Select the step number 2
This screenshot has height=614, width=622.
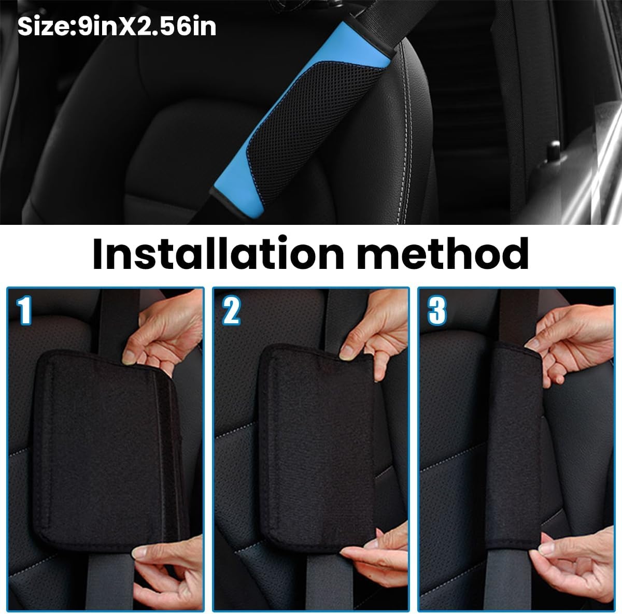(231, 311)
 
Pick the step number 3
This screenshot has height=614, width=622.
(437, 311)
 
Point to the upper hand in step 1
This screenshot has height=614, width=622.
(161, 332)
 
